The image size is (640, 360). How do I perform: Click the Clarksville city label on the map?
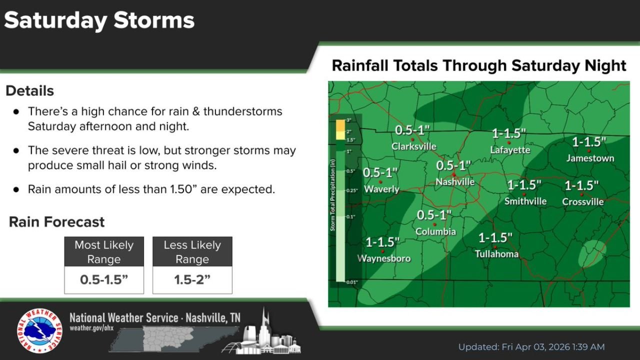(413, 146)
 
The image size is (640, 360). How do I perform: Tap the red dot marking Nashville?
(453, 174)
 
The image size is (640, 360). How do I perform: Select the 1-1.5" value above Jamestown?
(589, 142)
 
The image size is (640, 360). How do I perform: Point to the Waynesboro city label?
(383, 258)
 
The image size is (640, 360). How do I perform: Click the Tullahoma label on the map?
(496, 254)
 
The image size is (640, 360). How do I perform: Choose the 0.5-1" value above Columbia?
(434, 215)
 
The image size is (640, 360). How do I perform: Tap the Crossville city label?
(582, 201)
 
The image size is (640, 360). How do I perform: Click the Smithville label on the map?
(525, 201)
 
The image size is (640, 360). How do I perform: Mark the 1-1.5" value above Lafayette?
(509, 133)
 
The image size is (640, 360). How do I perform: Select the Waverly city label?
(381, 189)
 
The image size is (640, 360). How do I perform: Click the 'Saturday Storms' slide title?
(99, 20)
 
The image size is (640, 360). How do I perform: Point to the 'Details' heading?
(29, 91)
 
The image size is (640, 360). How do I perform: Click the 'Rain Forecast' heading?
(56, 222)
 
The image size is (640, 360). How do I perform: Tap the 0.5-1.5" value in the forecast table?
(104, 280)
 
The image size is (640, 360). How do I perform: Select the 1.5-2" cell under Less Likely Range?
(192, 280)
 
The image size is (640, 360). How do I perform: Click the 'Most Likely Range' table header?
(104, 251)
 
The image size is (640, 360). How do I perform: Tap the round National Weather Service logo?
(39, 330)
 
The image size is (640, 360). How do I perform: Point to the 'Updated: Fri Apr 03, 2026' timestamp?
(531, 347)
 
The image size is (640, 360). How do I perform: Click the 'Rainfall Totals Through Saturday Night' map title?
(478, 65)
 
